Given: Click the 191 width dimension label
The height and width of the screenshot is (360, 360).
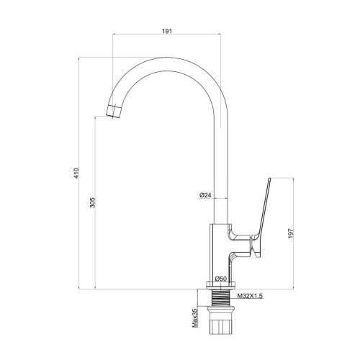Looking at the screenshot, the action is pyautogui.click(x=167, y=31).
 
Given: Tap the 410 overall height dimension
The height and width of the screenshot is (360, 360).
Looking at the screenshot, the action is pyautogui.click(x=76, y=173).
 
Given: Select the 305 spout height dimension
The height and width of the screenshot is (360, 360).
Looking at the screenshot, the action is pyautogui.click(x=93, y=202).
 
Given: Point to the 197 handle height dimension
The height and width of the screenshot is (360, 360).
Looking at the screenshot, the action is pyautogui.click(x=291, y=233).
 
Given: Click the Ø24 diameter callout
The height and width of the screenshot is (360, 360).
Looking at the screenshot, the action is pyautogui.click(x=205, y=195).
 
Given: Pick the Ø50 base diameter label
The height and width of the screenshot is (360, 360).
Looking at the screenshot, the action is pyautogui.click(x=221, y=279).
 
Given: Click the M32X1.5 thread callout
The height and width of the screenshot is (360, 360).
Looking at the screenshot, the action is pyautogui.click(x=250, y=296).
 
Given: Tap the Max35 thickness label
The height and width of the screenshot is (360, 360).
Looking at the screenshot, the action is pyautogui.click(x=194, y=318).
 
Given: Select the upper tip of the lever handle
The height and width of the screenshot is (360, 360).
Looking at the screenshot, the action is pyautogui.click(x=269, y=179).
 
